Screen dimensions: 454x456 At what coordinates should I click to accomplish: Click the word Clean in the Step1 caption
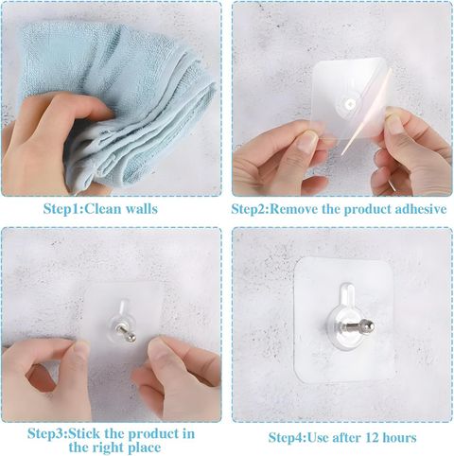click(103, 209)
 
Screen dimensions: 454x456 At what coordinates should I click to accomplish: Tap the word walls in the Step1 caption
click(142, 209)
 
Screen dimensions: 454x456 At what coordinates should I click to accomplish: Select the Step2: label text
click(251, 209)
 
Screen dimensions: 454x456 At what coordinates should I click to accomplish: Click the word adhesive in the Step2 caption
click(420, 209)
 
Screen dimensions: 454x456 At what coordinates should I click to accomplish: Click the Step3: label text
click(47, 434)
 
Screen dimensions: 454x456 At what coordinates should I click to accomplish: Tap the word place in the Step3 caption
click(144, 447)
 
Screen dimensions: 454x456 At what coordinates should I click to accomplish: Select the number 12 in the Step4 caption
click(372, 438)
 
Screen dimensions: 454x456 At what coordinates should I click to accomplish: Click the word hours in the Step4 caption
click(399, 438)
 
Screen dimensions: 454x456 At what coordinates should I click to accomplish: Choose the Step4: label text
click(288, 438)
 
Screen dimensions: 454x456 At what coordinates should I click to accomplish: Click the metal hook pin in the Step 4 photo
click(358, 325)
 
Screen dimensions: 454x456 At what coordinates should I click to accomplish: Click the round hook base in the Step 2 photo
click(347, 105)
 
